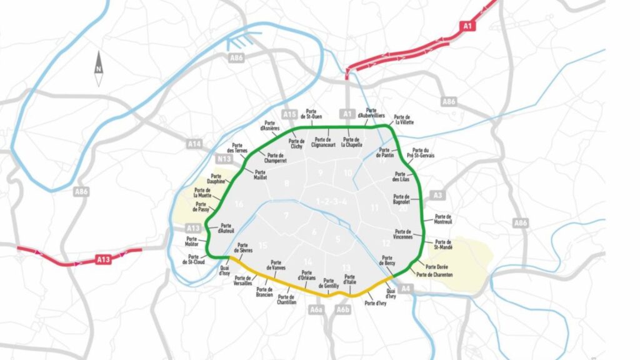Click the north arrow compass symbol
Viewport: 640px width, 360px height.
pos(99,69)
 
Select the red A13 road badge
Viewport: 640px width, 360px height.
pos(103,258)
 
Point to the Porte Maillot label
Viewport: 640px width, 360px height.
pos(260,174)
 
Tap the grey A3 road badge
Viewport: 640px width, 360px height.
pos(437,196)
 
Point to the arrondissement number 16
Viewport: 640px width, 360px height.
pos(239,204)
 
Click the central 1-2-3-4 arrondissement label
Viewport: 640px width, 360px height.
pos(331,201)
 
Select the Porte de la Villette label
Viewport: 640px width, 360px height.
pos(404,120)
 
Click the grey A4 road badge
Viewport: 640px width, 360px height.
pos(406,288)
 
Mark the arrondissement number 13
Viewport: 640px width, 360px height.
pos(347,267)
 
